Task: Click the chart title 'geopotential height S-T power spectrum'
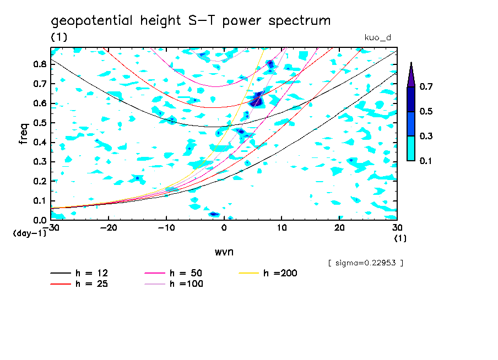(x=191, y=21)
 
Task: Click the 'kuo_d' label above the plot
(x=378, y=37)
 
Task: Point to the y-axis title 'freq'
(x=23, y=133)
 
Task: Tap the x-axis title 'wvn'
(x=224, y=252)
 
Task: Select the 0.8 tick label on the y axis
(x=40, y=64)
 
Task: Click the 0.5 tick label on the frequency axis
(x=40, y=123)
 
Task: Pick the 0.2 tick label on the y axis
(x=40, y=181)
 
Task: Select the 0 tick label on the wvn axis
(x=224, y=227)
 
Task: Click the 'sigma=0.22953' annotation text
(x=365, y=263)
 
